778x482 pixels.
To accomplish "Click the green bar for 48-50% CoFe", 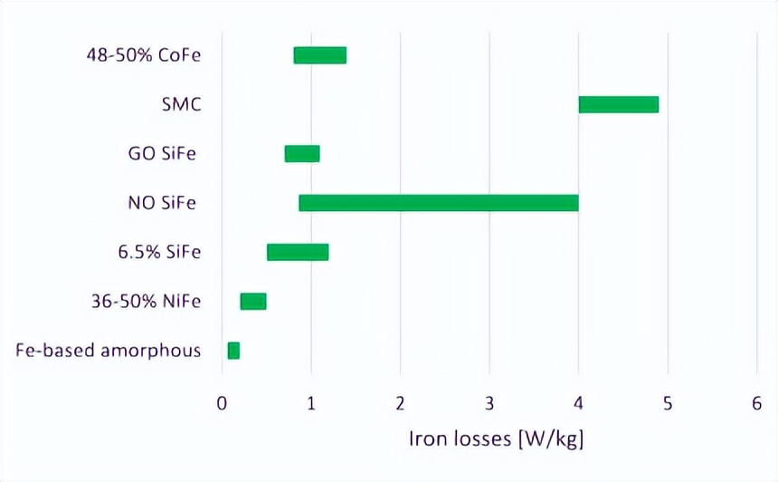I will pyautogui.click(x=319, y=55).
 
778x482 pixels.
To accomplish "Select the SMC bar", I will pyautogui.click(x=618, y=104).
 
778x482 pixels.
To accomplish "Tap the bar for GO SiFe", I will pyautogui.click(x=301, y=153).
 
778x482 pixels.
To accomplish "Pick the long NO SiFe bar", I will pyautogui.click(x=438, y=203).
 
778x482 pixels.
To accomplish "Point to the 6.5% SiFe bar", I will pyautogui.click(x=298, y=252).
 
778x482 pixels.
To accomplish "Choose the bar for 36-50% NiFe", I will pyautogui.click(x=252, y=301).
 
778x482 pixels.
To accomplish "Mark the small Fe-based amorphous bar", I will pyautogui.click(x=233, y=350).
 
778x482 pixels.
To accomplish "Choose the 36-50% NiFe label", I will pyautogui.click(x=146, y=301).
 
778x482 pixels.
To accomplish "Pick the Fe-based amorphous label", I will pyautogui.click(x=109, y=350).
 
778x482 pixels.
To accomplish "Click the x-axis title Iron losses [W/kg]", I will pyautogui.click(x=496, y=441).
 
